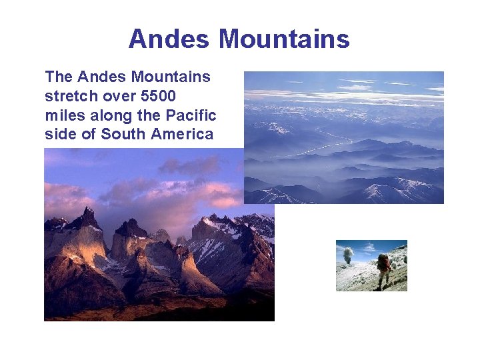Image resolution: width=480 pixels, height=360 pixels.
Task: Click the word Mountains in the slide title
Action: point(285,39)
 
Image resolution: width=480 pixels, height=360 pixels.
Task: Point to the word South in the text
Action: point(123,135)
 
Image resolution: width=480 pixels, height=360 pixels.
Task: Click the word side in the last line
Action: point(59,135)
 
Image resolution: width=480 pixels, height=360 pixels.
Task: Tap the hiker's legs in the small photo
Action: point(382,280)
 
